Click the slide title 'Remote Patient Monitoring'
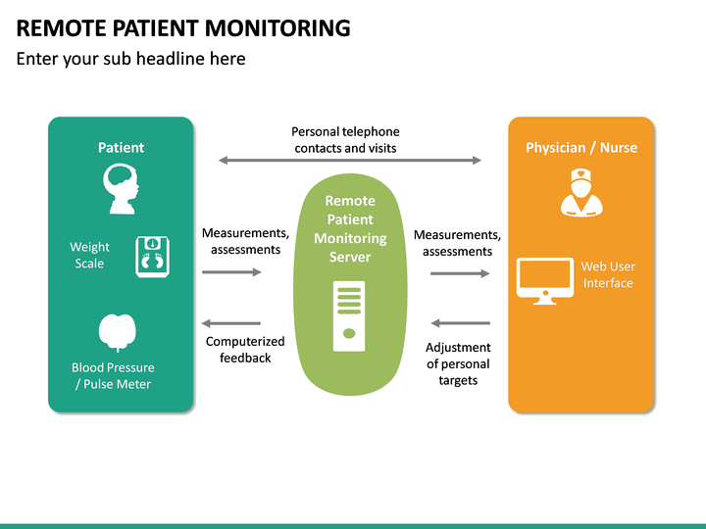pos(183,27)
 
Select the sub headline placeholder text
pos(130,59)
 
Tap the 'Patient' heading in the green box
pos(121,148)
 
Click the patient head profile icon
pos(121,190)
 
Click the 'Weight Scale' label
pos(89,255)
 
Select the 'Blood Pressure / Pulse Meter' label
pos(113,376)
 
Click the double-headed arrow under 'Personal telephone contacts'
pos(350,161)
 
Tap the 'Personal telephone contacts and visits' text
pos(345,140)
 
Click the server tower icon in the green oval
pos(348,316)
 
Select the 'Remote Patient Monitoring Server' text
pos(350,228)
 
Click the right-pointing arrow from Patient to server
pos(231,272)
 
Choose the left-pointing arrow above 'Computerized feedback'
pos(231,323)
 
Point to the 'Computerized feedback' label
pos(245,350)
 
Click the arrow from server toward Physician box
pos(460,273)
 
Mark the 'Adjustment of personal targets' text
pos(458,363)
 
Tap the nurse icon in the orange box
pos(580,191)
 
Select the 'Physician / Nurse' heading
pos(581,148)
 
